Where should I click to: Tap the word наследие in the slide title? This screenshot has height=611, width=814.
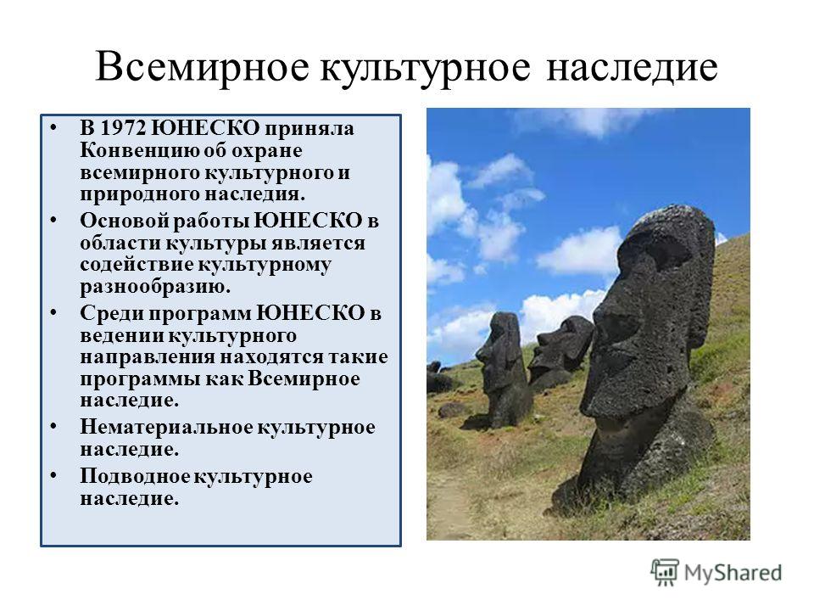point(633,68)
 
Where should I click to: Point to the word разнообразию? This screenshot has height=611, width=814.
point(154,287)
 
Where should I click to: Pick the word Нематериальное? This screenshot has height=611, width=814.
point(166,427)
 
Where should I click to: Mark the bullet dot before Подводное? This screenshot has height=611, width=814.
point(53,476)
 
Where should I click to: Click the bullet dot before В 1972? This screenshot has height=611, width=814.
point(53,127)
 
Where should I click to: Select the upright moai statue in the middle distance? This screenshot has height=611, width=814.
point(503,370)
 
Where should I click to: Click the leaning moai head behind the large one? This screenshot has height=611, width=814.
point(561,349)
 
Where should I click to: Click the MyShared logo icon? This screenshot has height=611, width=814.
point(665,573)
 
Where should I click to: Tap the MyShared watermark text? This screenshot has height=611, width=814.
point(733,573)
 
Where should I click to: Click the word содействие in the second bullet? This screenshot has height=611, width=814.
point(137,265)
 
